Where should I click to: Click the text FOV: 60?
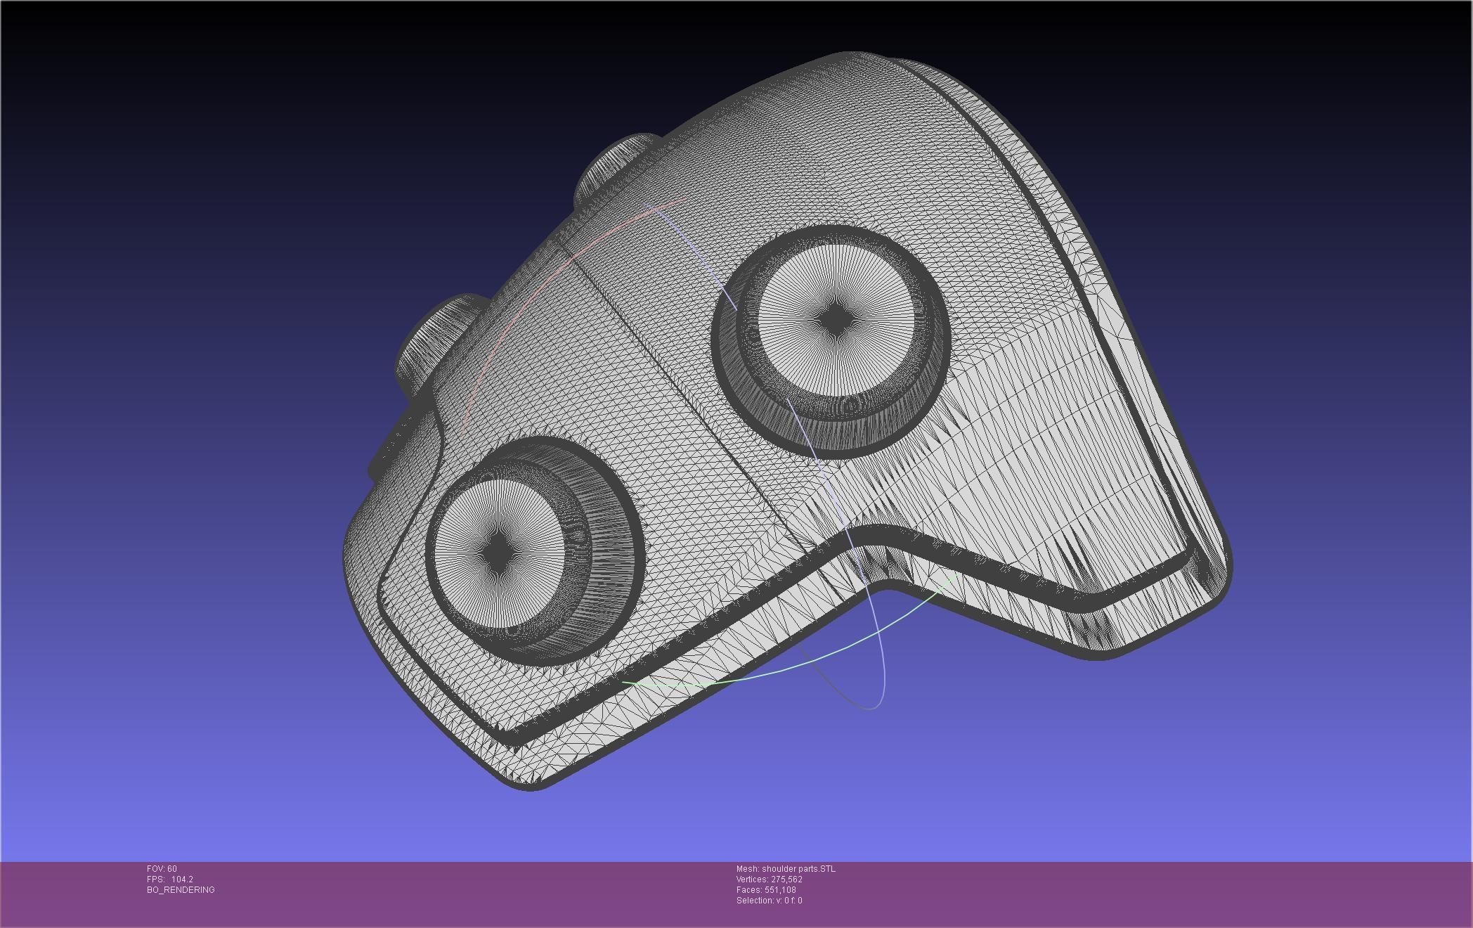(162, 869)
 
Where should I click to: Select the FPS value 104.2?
(182, 879)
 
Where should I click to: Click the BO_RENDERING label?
(181, 890)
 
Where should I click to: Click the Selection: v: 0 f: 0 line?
(769, 901)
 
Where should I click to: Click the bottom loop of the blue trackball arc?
(871, 707)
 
